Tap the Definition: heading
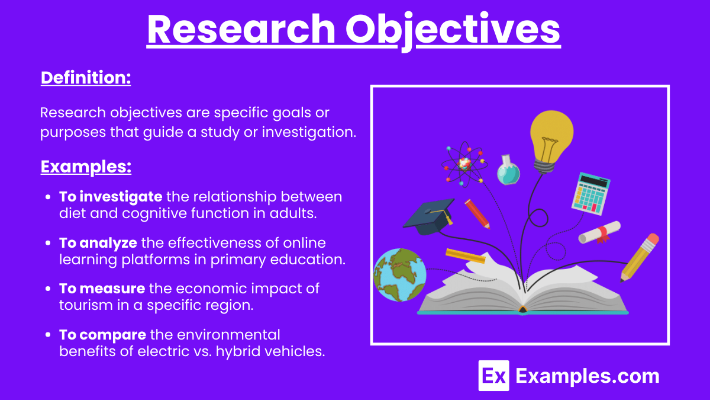(86, 78)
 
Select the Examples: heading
(86, 167)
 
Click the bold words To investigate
(111, 196)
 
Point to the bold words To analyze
(98, 243)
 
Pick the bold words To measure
(102, 289)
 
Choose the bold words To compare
(102, 335)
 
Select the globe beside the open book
(399, 274)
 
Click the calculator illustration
(591, 193)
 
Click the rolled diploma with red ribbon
(599, 232)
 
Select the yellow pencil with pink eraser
(639, 257)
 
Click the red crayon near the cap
(477, 213)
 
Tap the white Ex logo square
(493, 376)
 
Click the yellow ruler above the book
(465, 256)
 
